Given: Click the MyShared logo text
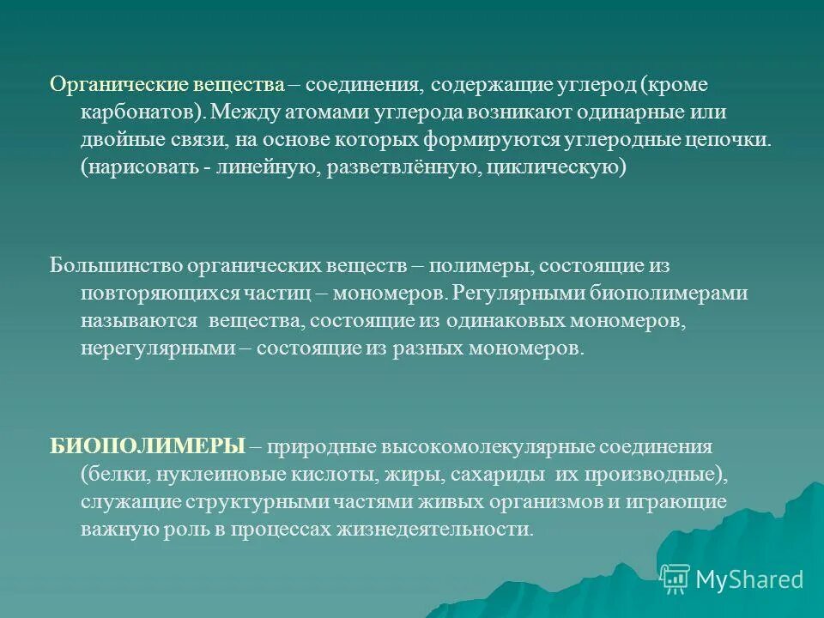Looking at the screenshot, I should pyautogui.click(x=749, y=579).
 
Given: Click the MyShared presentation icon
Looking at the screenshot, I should pyautogui.click(x=676, y=579).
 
